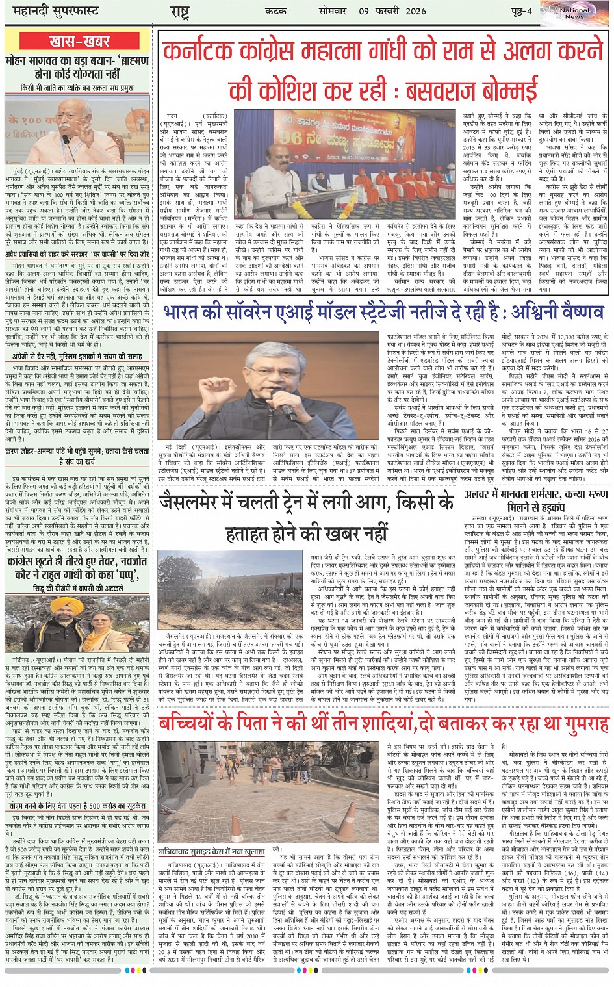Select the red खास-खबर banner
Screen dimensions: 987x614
[79, 42]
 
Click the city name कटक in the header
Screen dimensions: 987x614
[275, 11]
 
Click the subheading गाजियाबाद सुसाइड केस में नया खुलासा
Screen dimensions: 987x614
[212, 851]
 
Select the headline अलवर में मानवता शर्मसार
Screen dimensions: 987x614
[537, 501]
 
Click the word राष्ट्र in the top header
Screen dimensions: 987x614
[180, 12]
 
